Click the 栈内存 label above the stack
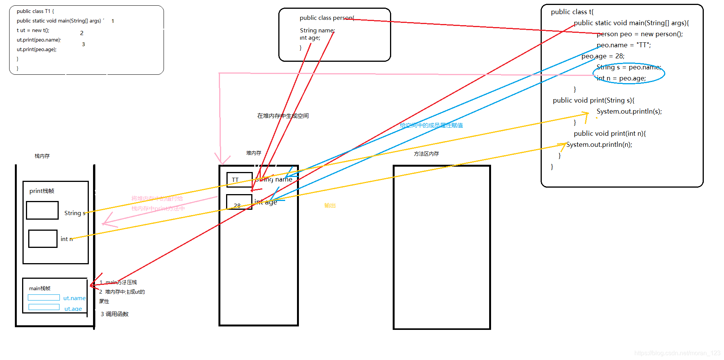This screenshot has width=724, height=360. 42,156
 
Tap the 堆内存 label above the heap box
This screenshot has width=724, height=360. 254,153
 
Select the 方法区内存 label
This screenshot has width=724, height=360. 426,154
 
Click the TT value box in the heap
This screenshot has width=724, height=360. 239,180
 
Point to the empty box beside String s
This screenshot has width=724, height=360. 42,210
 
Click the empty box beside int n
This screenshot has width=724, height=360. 43,239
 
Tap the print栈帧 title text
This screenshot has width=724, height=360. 42,191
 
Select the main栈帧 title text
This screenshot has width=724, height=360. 40,288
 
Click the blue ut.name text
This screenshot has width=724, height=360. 74,298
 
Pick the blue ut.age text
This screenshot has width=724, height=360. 73,309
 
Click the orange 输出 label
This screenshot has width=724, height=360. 330,206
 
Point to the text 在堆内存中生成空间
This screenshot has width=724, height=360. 283,116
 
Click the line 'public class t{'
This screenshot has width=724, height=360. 572,12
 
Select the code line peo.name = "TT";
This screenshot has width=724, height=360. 624,45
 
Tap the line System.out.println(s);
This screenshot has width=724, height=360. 629,111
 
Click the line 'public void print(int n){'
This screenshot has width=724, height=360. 610,133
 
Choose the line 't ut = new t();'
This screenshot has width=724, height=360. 33,31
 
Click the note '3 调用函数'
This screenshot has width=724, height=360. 115,314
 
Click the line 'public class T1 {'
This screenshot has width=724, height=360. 35,11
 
